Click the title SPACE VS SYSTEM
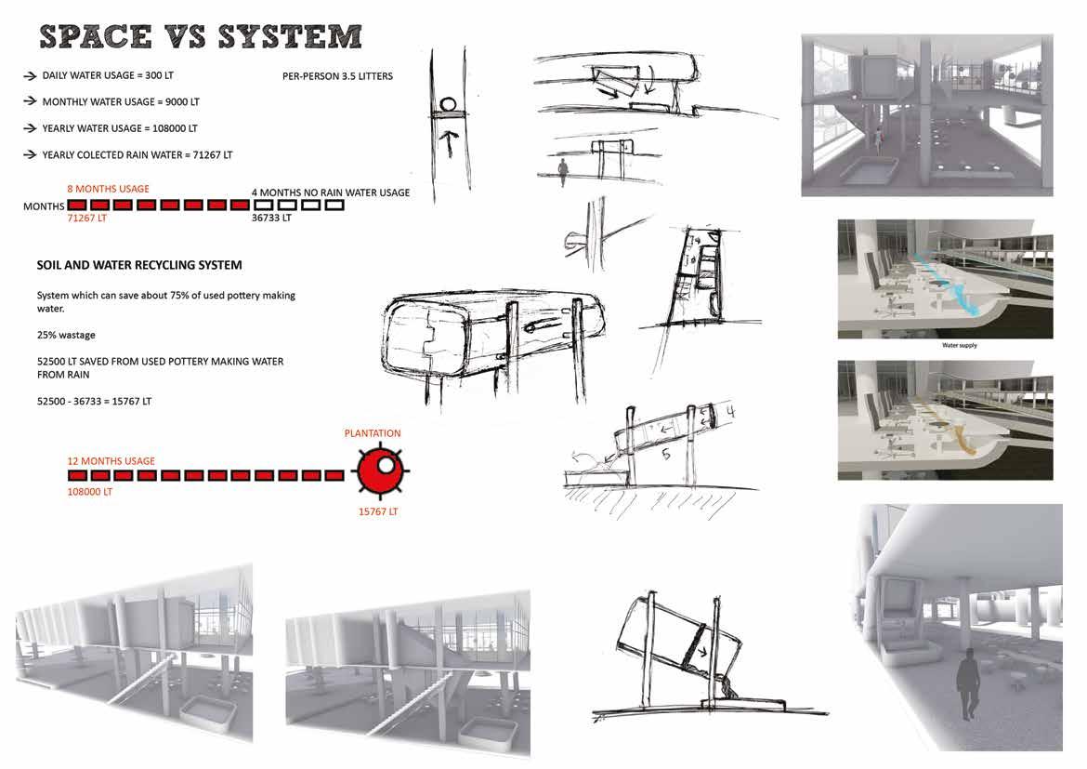coord(200,36)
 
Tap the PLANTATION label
coord(373,433)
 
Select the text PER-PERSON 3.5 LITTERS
coord(337,76)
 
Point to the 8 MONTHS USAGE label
coord(108,189)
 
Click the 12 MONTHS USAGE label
coord(111,461)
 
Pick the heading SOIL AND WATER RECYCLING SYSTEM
coord(138,265)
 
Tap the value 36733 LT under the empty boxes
coord(271,218)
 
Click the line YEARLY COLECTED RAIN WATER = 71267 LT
coord(138,154)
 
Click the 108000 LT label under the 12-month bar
coord(90,491)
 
